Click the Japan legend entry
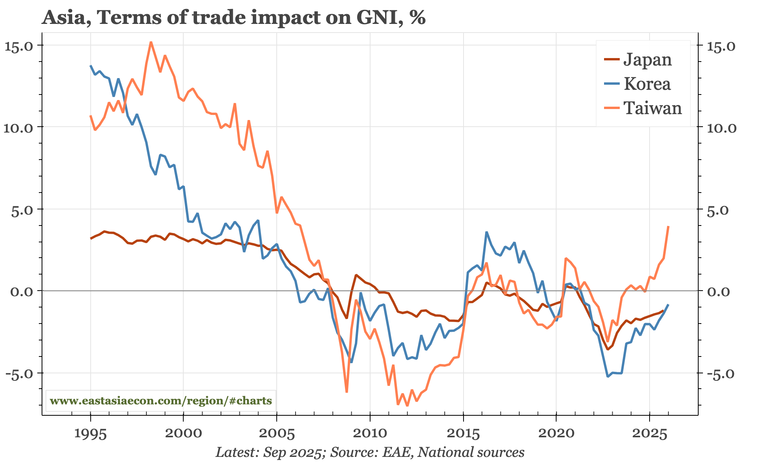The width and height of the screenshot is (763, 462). point(647,60)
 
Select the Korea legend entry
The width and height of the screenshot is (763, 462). point(647,84)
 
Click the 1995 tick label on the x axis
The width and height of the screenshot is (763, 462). point(91,434)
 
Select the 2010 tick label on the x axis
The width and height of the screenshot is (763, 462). point(370,434)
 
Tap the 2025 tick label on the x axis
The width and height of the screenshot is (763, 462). point(649,434)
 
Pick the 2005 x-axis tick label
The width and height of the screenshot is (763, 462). point(277,434)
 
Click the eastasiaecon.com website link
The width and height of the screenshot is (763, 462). point(161,401)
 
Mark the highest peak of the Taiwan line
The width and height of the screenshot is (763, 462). point(151,42)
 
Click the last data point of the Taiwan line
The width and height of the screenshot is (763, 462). point(668,227)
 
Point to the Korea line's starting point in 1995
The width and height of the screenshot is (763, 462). point(91,66)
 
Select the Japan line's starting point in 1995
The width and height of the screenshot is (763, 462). point(91,238)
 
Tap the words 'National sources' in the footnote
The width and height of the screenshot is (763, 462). point(471,452)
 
